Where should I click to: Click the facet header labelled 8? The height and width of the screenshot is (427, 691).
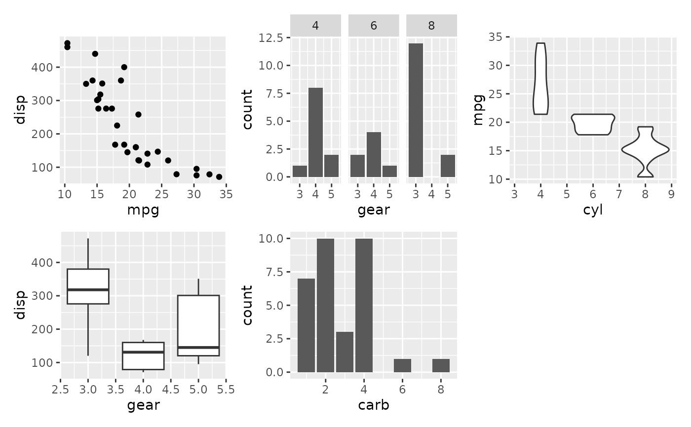[431, 26]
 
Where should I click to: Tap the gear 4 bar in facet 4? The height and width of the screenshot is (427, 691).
[315, 132]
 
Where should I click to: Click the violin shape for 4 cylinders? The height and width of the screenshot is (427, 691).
[540, 79]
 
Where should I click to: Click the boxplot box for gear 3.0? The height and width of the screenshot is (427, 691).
[88, 286]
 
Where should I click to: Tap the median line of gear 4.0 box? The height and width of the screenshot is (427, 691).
[143, 352]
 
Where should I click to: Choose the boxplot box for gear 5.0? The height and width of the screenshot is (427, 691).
[198, 325]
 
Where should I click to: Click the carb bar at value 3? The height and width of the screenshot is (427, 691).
[345, 352]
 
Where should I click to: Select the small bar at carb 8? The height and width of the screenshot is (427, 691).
[441, 365]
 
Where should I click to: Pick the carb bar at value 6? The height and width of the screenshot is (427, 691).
[402, 365]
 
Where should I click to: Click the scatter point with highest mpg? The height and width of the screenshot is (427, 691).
[219, 177]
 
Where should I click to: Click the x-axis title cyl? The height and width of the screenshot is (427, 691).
[593, 210]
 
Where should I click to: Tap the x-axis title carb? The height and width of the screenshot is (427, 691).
[374, 405]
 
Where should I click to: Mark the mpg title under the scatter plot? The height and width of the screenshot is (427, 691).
[143, 210]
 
